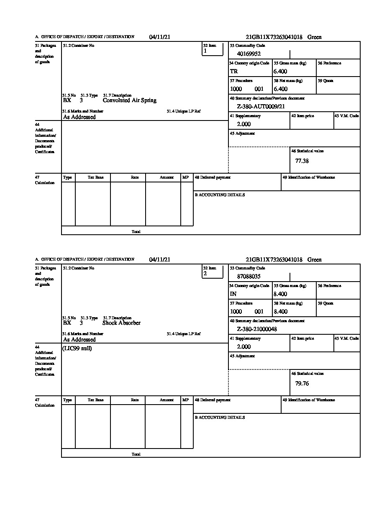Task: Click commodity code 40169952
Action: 249,54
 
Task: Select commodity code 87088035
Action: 249,276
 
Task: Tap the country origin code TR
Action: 234,72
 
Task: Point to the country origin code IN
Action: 233,294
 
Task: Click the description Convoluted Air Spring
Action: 130,100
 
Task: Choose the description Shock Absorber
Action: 121,323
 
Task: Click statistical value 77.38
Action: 302,161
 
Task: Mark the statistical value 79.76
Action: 302,383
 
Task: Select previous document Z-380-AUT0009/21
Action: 261,107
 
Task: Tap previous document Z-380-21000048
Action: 257,329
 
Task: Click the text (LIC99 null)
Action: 77,349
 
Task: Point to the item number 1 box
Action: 213,49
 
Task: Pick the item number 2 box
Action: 213,272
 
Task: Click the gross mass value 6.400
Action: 280,72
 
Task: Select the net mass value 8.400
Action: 280,312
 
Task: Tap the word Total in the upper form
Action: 136,231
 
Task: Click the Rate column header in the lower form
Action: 134,400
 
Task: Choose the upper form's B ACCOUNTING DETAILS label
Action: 220,195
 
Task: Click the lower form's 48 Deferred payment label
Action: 213,400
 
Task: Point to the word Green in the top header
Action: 315,37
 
